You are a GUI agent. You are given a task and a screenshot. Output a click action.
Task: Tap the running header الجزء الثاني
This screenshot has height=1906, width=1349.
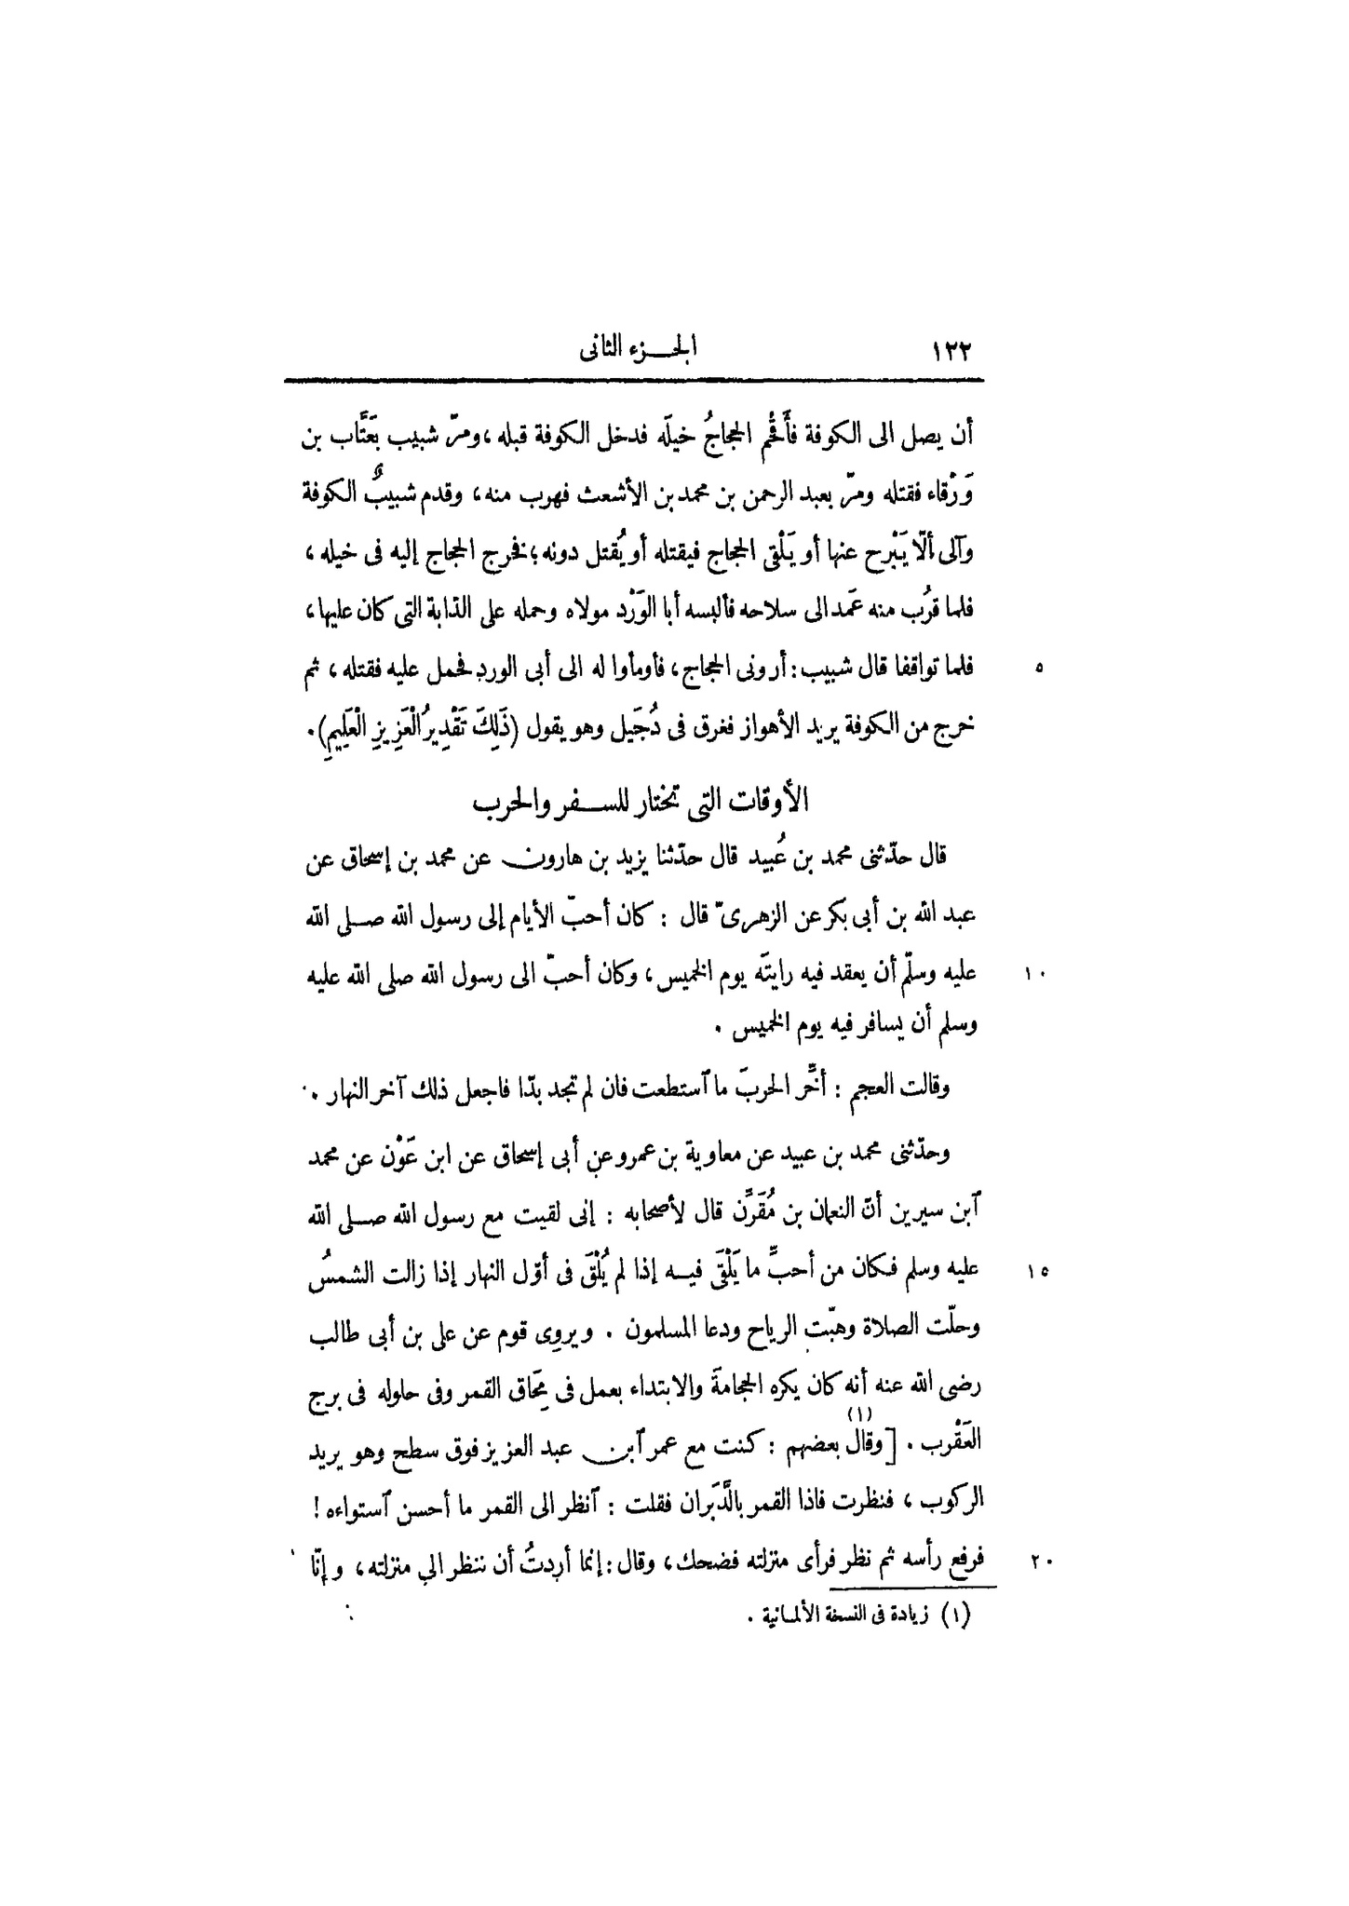[640, 351]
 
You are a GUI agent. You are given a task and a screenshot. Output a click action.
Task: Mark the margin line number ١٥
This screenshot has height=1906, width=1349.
[1037, 1270]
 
